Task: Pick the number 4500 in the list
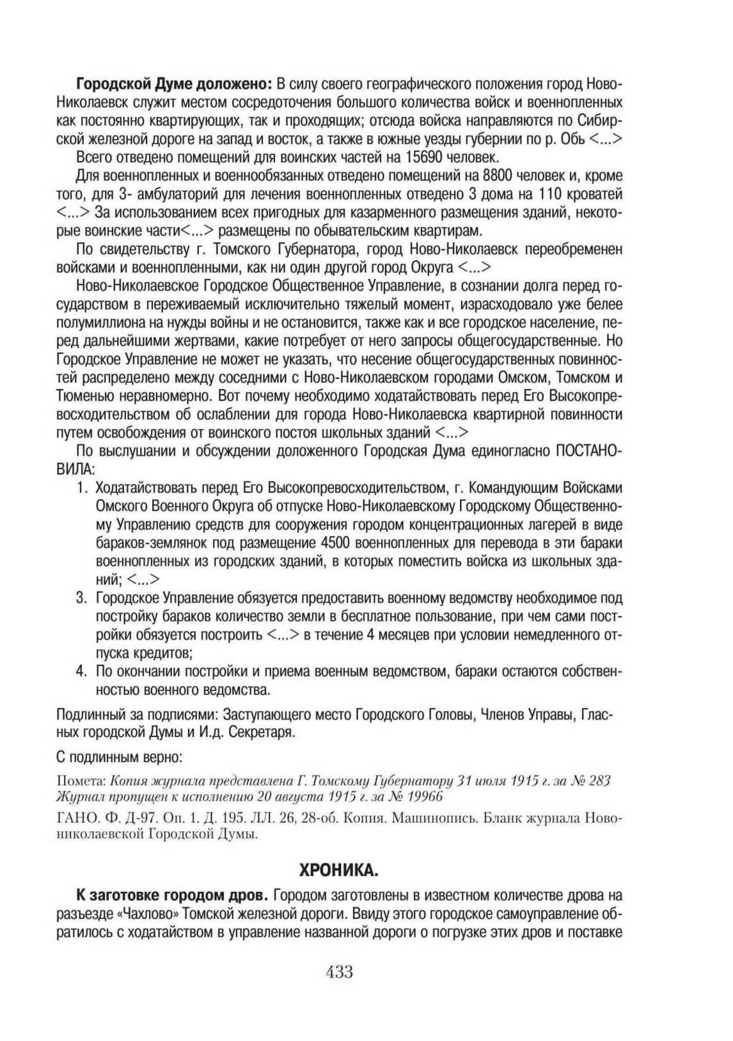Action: tap(333, 544)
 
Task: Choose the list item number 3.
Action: tap(81, 599)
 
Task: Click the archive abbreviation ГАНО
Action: tap(75, 818)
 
